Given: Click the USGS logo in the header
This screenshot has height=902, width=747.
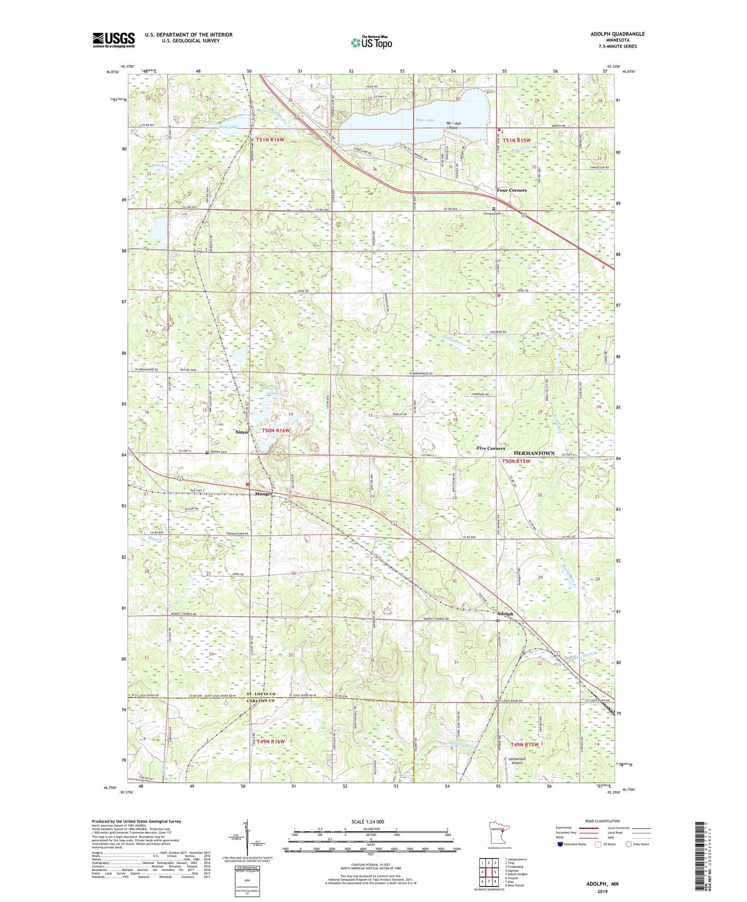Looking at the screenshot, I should pos(114,40).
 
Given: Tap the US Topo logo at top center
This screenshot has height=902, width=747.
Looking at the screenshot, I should pos(371,43).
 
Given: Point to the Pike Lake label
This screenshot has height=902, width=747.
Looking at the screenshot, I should pos(425,120).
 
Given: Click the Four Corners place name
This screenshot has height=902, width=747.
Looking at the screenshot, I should pos(511,190).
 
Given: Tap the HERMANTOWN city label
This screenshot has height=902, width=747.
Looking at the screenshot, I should pos(533,453).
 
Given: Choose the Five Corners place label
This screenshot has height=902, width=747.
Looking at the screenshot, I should pos(491,448).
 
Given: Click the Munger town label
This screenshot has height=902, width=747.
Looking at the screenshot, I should pos(264,494).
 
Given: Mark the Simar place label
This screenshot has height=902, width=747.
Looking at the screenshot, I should pos(242,432).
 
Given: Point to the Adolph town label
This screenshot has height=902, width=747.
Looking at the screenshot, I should pos(505,614).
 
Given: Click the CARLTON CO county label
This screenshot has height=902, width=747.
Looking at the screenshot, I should pos(261,701).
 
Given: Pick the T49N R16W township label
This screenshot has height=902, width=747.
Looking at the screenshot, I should pos(270,741).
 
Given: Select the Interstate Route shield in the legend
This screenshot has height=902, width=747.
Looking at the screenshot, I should pos(560,844).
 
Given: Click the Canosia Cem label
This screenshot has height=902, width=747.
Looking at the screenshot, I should pos(492,213).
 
